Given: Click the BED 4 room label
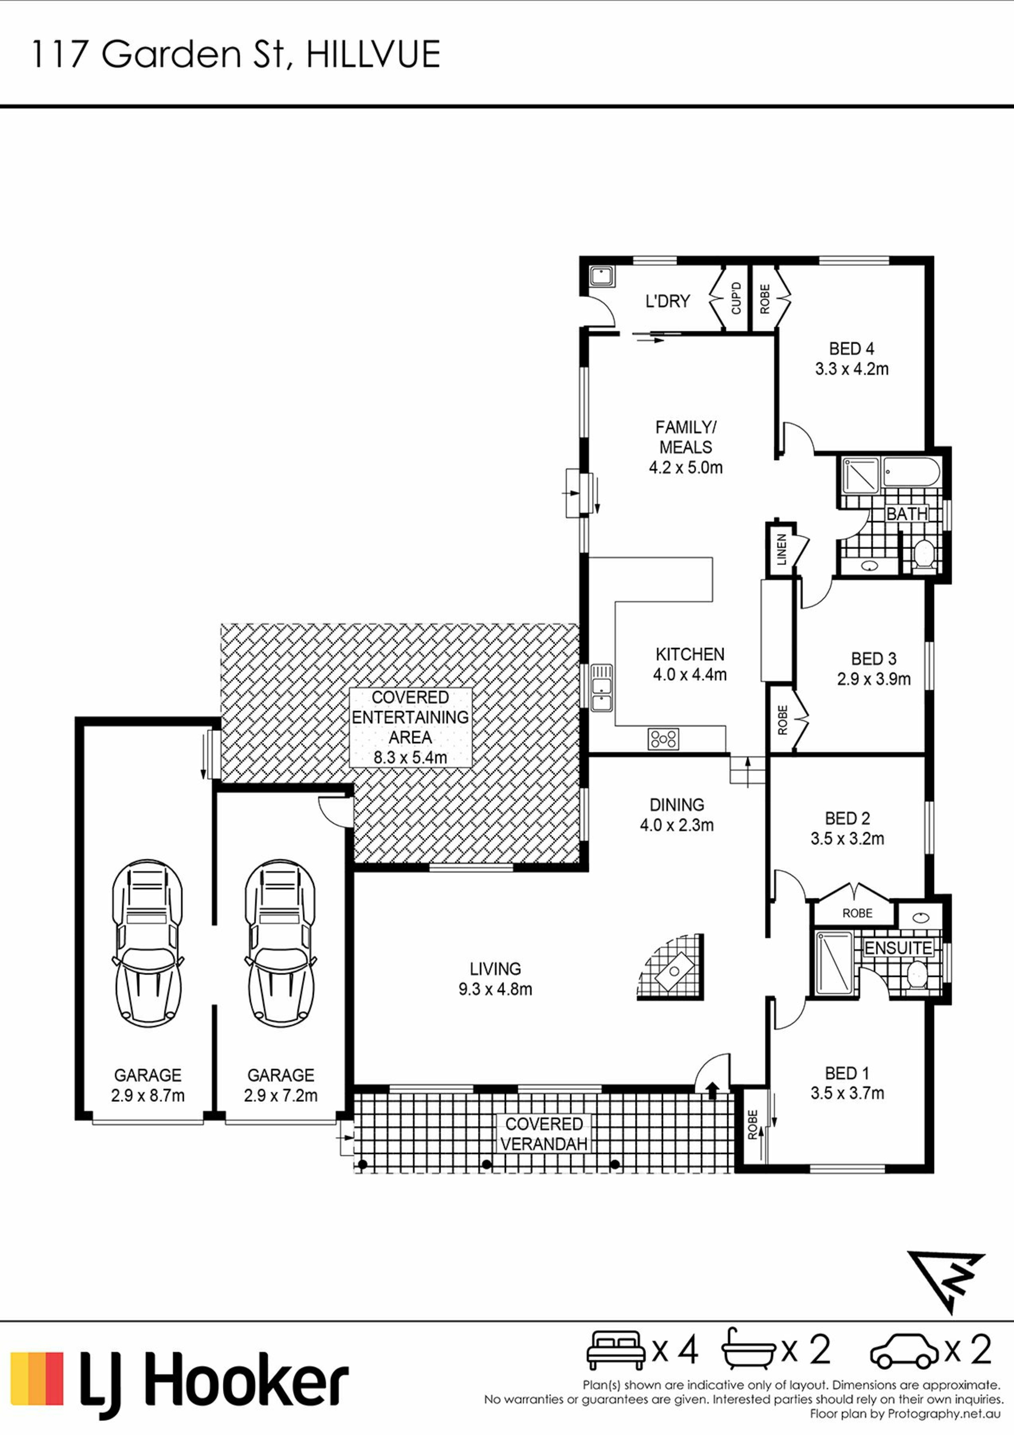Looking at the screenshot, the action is point(851,348).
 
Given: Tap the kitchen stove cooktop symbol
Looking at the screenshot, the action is point(663,739).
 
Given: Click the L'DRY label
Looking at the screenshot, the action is point(667,301).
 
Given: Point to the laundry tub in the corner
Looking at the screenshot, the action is point(601,276).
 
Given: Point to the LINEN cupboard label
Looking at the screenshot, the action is point(782,549).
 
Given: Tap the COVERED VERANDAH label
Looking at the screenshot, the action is point(544,1134).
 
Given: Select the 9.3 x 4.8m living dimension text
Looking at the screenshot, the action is point(495,989).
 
